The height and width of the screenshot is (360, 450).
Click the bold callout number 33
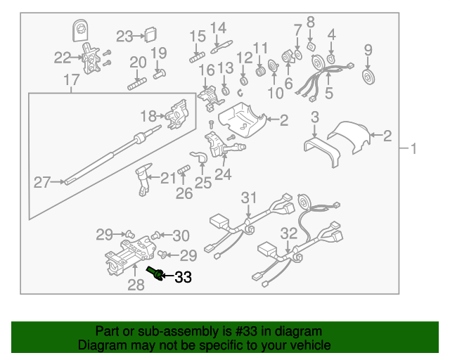pos(183,278)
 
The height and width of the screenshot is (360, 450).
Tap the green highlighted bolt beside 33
pos(155,272)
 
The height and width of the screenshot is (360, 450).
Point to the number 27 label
pos(42,183)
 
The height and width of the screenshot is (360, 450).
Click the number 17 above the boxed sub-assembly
pos(72,82)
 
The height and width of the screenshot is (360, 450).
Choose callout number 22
pos(63,58)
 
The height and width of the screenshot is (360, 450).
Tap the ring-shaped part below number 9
pos(367,76)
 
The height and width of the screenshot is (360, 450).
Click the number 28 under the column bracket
pos(136,285)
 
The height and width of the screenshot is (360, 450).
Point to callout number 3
pos(316,117)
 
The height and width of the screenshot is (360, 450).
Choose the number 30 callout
pos(181,235)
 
